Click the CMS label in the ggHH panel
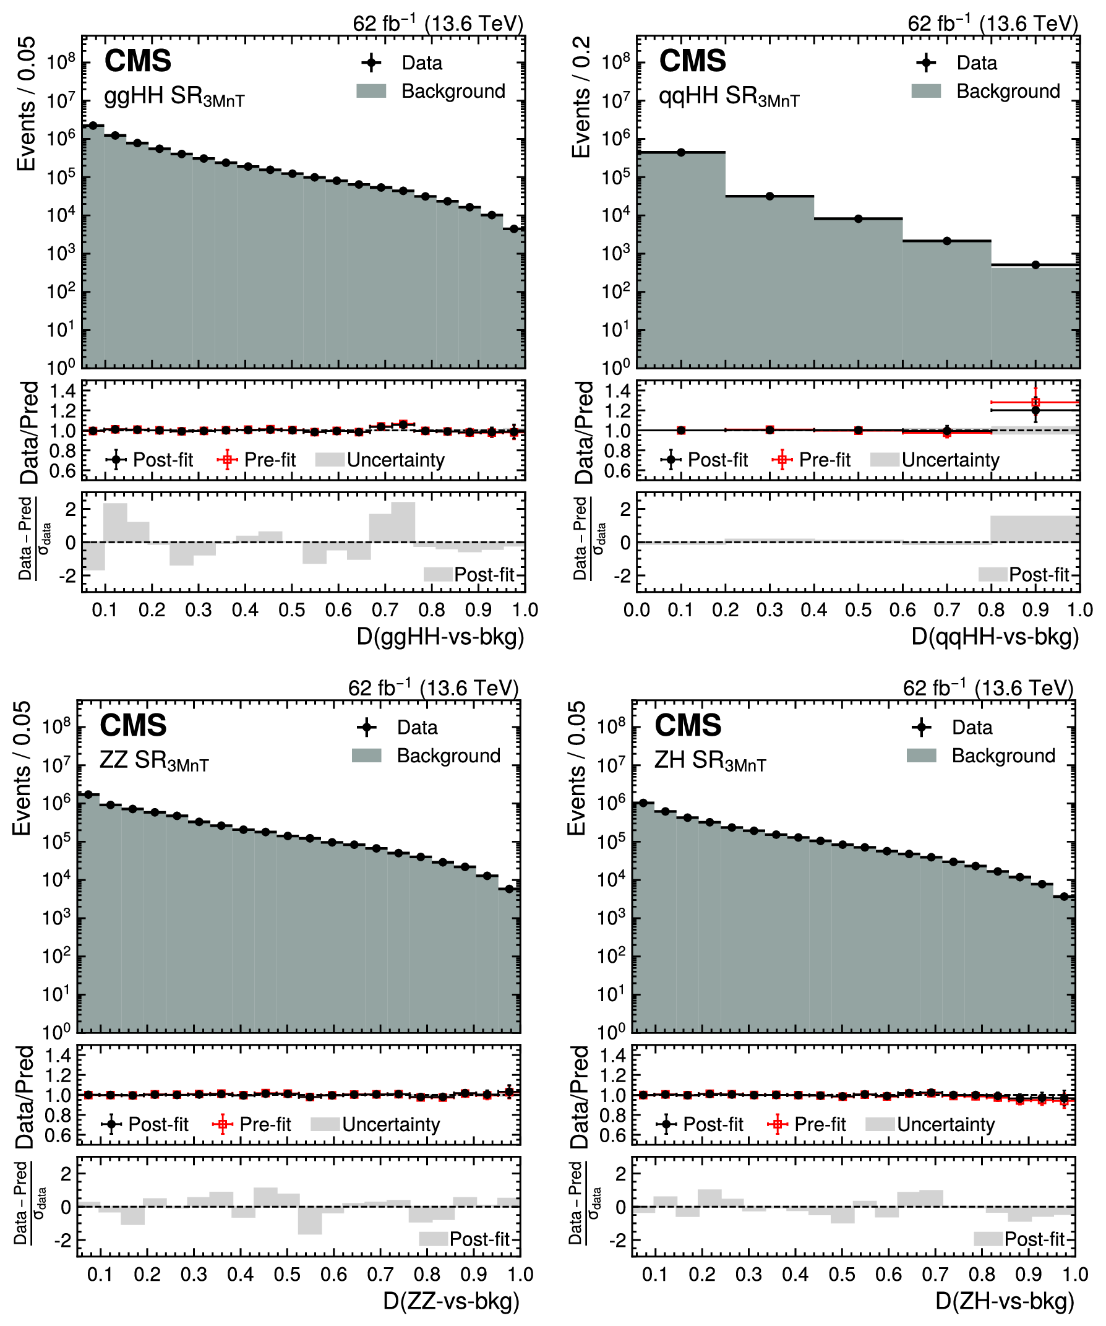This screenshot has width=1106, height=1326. pyautogui.click(x=137, y=61)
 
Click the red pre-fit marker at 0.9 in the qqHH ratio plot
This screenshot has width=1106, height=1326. pyautogui.click(x=1035, y=402)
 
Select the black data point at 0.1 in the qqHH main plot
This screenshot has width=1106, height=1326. pyautogui.click(x=681, y=152)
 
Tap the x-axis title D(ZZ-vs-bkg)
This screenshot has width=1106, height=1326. pyautogui.click(x=452, y=1301)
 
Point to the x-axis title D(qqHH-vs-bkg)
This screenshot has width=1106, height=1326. pyautogui.click(x=995, y=637)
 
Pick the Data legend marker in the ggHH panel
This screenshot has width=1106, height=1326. pyautogui.click(x=372, y=63)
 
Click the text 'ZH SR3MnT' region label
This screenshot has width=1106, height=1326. pyautogui.click(x=710, y=761)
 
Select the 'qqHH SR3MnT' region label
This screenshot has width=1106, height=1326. pyautogui.click(x=729, y=97)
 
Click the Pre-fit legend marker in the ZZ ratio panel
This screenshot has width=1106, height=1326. pyautogui.click(x=222, y=1124)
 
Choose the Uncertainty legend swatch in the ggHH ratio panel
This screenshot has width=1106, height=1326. pyautogui.click(x=330, y=460)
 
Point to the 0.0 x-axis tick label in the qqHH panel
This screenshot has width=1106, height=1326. pyautogui.click(x=637, y=610)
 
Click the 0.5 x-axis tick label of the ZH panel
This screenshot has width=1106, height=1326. pyautogui.click(x=842, y=1274)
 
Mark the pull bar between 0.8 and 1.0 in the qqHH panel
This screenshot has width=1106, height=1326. pyautogui.click(x=1035, y=529)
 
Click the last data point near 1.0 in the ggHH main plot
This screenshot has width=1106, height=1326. pyautogui.click(x=515, y=229)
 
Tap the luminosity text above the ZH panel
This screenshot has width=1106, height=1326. pyautogui.click(x=988, y=687)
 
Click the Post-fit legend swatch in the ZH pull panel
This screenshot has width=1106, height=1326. pyautogui.click(x=988, y=1239)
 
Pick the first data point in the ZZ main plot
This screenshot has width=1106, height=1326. pyautogui.click(x=88, y=794)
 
